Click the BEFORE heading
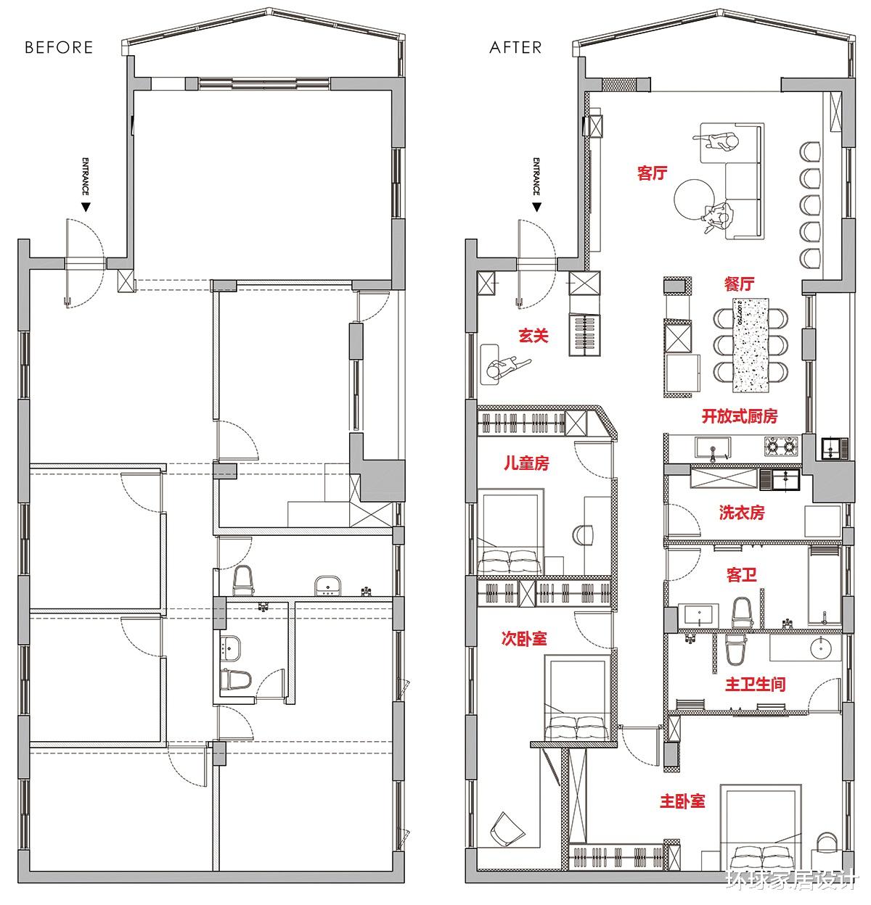[x=59, y=47]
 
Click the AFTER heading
[x=516, y=47]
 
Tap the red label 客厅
[x=653, y=173]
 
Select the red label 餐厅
[x=739, y=284]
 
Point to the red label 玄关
[x=533, y=335]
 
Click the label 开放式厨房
[x=740, y=416]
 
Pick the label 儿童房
[x=526, y=463]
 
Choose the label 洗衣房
[x=742, y=512]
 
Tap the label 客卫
[x=742, y=575]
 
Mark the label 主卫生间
[x=755, y=684]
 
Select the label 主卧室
[x=682, y=801]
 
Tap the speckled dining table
[x=751, y=345]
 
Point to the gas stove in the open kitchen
[x=781, y=447]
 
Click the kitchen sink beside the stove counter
[x=713, y=448]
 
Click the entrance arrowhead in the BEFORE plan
[x=85, y=207]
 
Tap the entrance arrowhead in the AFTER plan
[x=536, y=207]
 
